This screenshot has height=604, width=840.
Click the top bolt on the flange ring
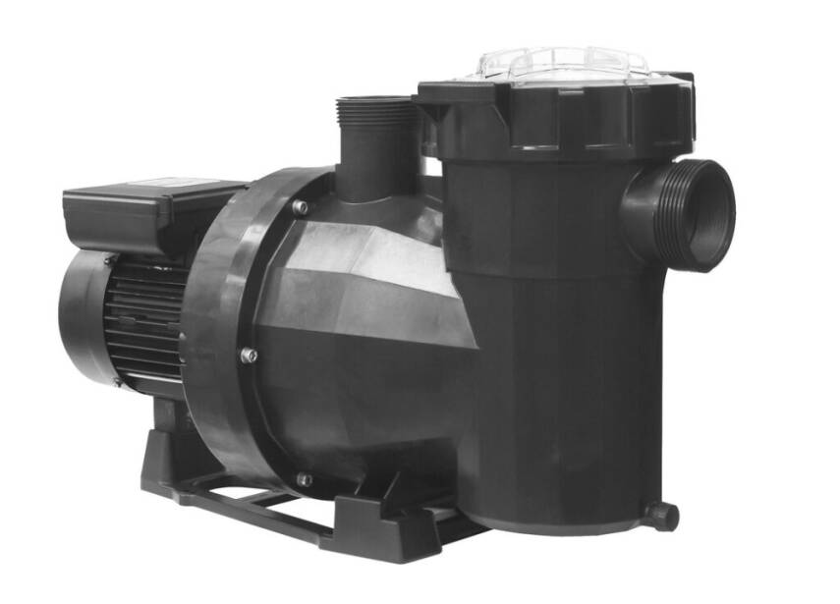(x=300, y=207)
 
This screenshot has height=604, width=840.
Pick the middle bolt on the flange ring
(x=251, y=356)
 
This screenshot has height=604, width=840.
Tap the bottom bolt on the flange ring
(x=305, y=480)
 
